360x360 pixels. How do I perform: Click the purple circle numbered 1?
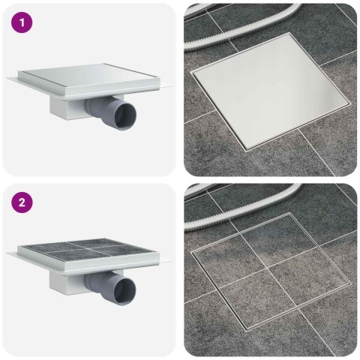22,22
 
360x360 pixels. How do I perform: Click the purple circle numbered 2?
22,202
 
